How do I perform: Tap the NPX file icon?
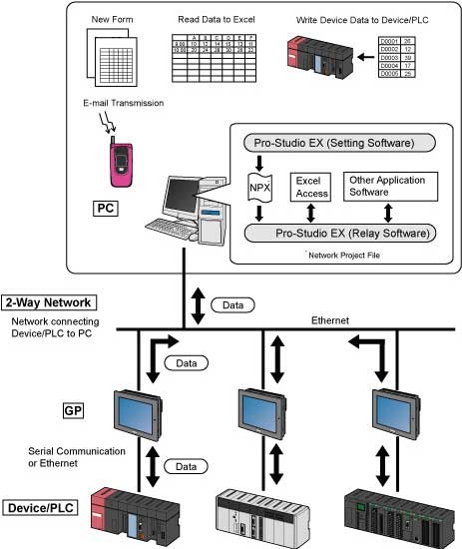tap(259, 186)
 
